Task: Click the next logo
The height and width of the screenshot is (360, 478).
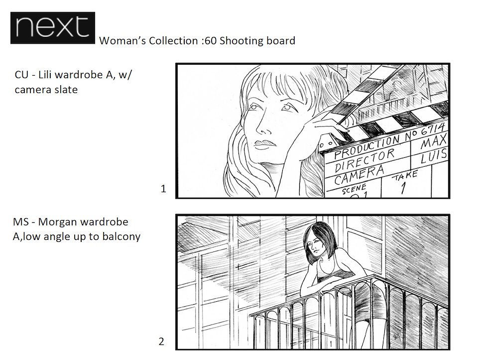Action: [53, 28]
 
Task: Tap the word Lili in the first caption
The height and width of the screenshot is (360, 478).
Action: [45, 75]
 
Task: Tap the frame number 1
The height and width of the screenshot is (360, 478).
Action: [163, 189]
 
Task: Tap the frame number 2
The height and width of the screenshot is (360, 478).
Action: [161, 342]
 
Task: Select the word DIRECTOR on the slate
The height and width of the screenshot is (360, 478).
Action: [364, 161]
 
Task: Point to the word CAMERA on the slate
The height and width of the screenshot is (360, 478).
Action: [359, 175]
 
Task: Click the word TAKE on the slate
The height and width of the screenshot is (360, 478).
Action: [404, 176]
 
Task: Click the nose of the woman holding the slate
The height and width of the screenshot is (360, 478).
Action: [262, 123]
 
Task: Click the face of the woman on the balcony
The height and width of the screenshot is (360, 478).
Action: [316, 245]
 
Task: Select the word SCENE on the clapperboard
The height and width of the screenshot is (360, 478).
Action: [354, 189]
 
